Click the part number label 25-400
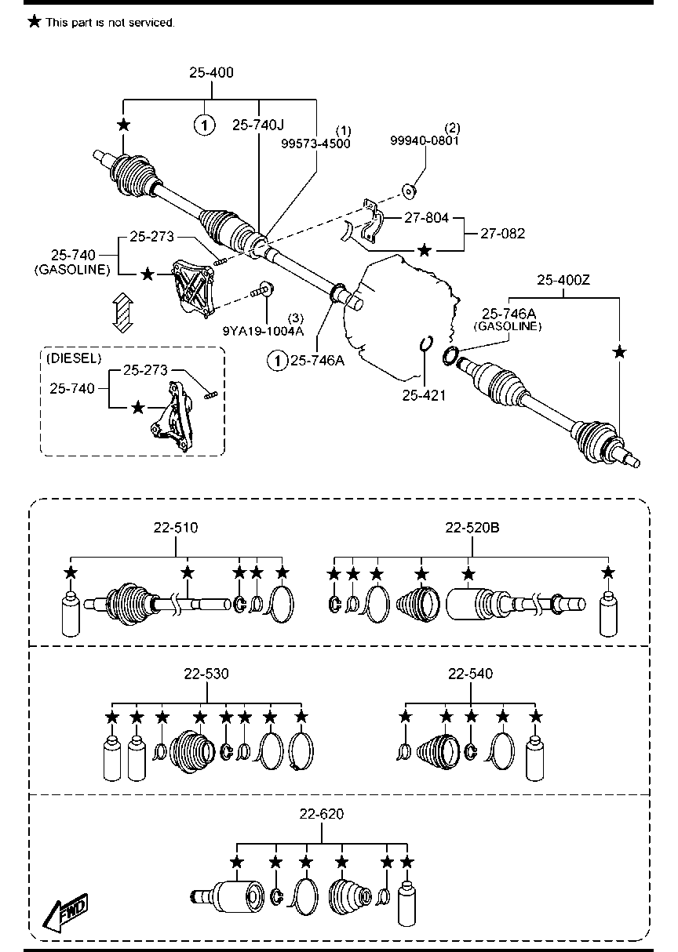(211, 73)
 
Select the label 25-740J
(257, 125)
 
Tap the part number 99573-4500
(315, 144)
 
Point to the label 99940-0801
(425, 140)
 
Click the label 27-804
(426, 218)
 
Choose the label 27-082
(503, 234)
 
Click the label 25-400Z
(563, 280)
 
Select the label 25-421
(424, 396)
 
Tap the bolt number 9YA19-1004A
(264, 331)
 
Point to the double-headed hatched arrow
(123, 312)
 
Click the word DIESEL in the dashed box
(74, 358)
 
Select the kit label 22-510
(176, 528)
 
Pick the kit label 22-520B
(472, 528)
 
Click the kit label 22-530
(206, 674)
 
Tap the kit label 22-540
(470, 674)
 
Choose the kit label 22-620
(322, 814)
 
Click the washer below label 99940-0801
(409, 191)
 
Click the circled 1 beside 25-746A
(277, 361)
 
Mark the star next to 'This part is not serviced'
(34, 21)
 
